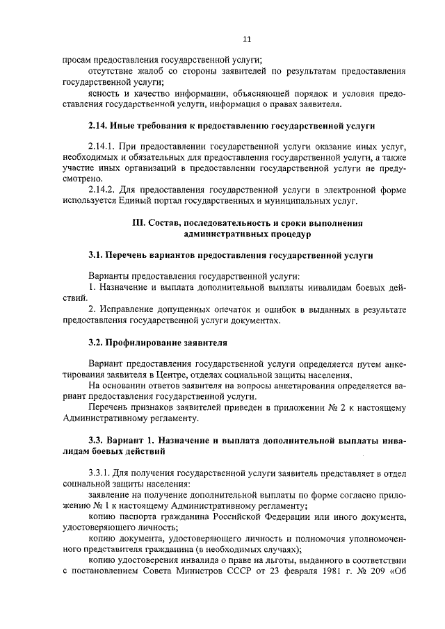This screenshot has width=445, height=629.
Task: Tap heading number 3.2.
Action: point(97,343)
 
